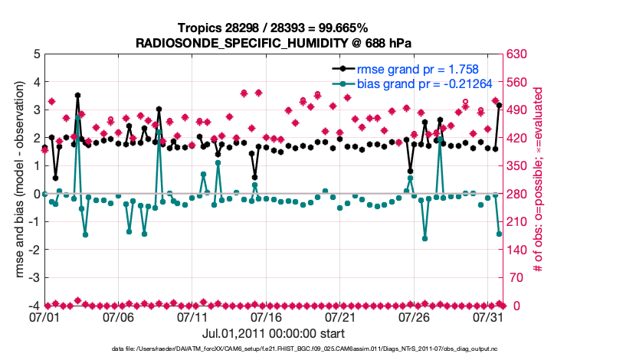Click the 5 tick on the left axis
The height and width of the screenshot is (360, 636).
point(36,54)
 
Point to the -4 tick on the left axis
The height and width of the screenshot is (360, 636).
point(34,306)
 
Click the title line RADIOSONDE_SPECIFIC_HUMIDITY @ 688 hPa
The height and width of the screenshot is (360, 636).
point(274,43)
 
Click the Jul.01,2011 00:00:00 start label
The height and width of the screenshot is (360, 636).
point(273,333)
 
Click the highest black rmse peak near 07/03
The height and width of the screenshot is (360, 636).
point(77,96)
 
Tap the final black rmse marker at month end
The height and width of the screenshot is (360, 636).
point(499,106)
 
